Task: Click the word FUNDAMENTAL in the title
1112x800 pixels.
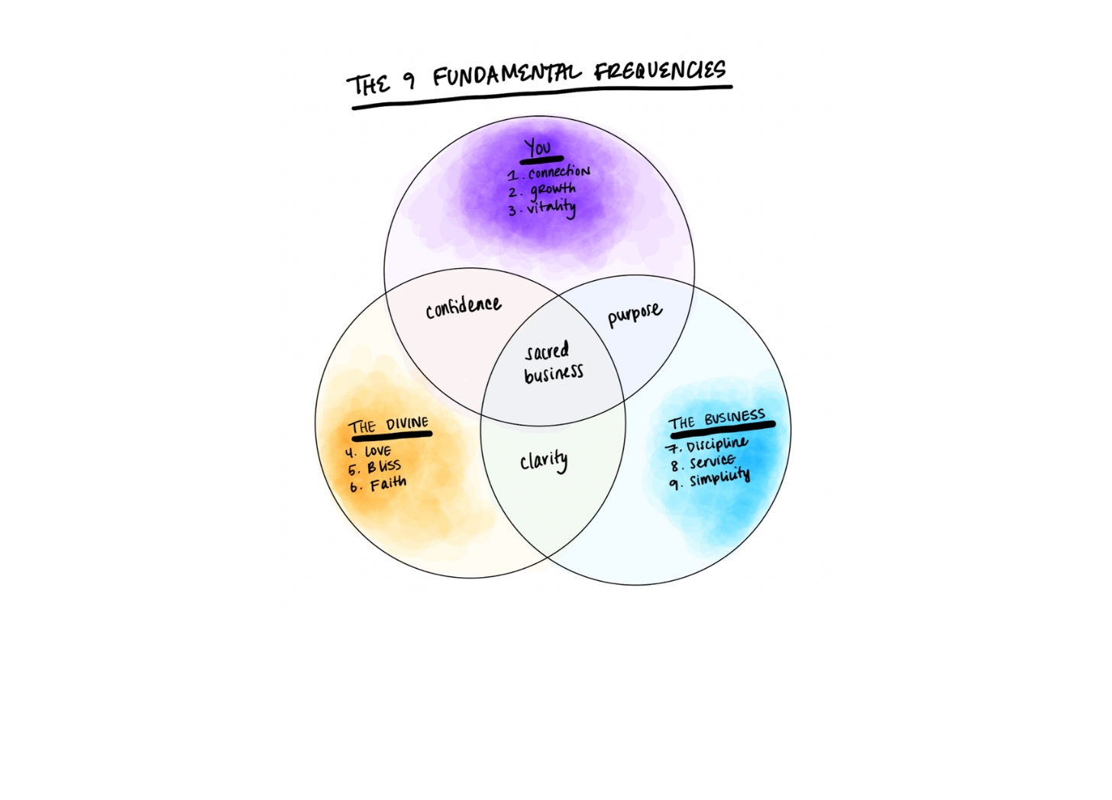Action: pyautogui.click(x=506, y=74)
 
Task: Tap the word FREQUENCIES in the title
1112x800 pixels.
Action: pyautogui.click(x=660, y=71)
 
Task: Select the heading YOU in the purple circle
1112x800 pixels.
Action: pyautogui.click(x=538, y=147)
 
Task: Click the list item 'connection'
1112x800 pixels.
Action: pyautogui.click(x=558, y=173)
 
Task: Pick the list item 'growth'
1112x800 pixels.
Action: pyautogui.click(x=553, y=190)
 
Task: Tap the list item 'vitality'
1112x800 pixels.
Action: pyautogui.click(x=551, y=208)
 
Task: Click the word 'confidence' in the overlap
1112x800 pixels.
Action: pyautogui.click(x=464, y=307)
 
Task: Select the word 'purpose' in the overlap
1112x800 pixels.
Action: pyautogui.click(x=635, y=314)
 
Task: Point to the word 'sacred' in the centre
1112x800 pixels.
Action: pyautogui.click(x=548, y=351)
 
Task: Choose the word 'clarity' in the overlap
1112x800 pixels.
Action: pyautogui.click(x=544, y=460)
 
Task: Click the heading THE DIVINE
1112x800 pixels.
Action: pyautogui.click(x=389, y=425)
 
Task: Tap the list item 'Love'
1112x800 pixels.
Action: pyautogui.click(x=377, y=451)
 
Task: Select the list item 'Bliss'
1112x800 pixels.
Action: pyautogui.click(x=383, y=467)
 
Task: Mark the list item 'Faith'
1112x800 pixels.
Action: pyautogui.click(x=388, y=484)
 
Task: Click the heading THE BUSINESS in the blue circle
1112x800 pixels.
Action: pyautogui.click(x=716, y=419)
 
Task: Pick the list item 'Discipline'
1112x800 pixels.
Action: pyautogui.click(x=716, y=444)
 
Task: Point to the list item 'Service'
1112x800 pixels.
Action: pyautogui.click(x=712, y=462)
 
